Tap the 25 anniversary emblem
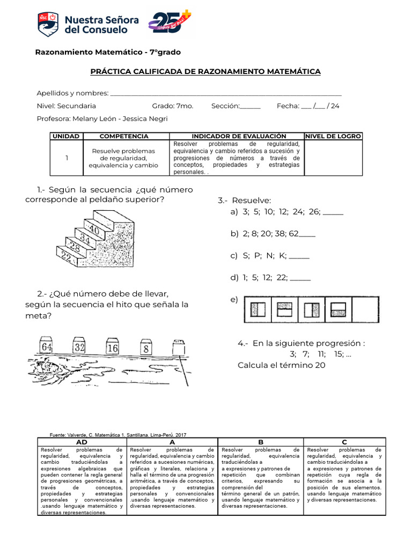(170, 24)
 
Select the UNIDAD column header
(66, 136)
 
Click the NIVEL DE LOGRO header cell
(333, 136)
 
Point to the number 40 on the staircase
(94, 229)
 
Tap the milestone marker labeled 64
(47, 346)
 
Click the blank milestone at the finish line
(178, 348)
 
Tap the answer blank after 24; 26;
(333, 212)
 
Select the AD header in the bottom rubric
(82, 441)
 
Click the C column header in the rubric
(344, 441)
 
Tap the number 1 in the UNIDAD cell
(66, 158)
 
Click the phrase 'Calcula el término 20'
(281, 365)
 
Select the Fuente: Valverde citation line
(117, 435)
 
